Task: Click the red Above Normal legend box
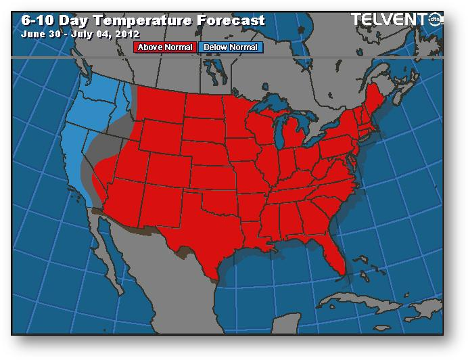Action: click(165, 47)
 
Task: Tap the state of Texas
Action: click(203, 230)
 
